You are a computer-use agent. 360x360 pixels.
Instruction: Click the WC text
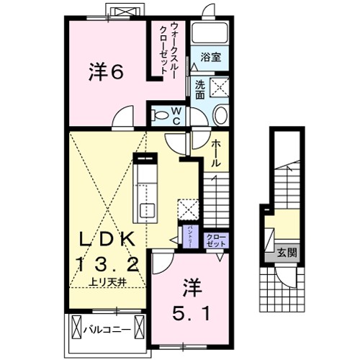176,116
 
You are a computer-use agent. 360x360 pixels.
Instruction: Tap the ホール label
215,153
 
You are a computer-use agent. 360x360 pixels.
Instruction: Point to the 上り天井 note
108,283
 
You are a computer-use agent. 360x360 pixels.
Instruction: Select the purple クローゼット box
216,240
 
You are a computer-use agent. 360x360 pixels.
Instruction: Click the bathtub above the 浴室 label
211,32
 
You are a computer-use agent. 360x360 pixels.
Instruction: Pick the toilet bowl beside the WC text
159,114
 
